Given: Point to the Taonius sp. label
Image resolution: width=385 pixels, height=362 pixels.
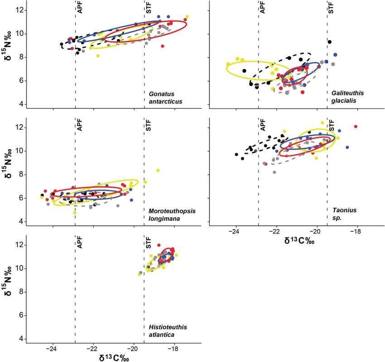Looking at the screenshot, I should pyautogui.click(x=337, y=215).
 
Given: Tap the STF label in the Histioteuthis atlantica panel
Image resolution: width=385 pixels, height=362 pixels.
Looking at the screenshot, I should pyautogui.click(x=149, y=244).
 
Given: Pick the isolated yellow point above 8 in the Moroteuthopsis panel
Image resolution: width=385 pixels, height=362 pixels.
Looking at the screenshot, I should pyautogui.click(x=158, y=171).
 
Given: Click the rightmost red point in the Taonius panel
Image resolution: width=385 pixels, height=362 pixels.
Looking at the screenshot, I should pyautogui.click(x=356, y=127).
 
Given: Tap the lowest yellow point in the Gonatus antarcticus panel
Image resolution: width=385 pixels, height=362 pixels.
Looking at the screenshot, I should pyautogui.click(x=98, y=56).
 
